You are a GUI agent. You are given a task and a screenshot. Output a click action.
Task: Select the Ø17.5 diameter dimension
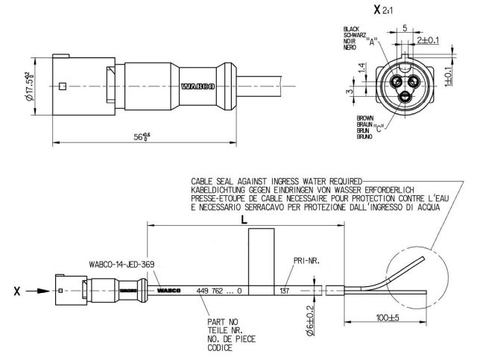(x=28, y=86)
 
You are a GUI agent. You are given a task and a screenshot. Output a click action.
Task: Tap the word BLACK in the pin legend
(x=351, y=28)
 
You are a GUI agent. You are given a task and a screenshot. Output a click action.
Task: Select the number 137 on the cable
(x=284, y=290)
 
